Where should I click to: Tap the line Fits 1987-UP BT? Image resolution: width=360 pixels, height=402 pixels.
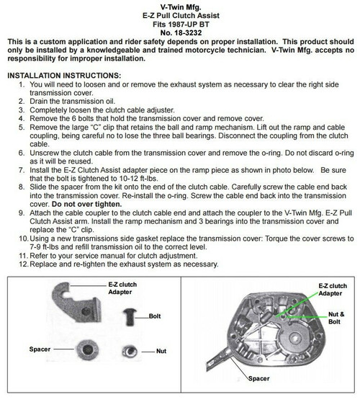pos(180,24)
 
